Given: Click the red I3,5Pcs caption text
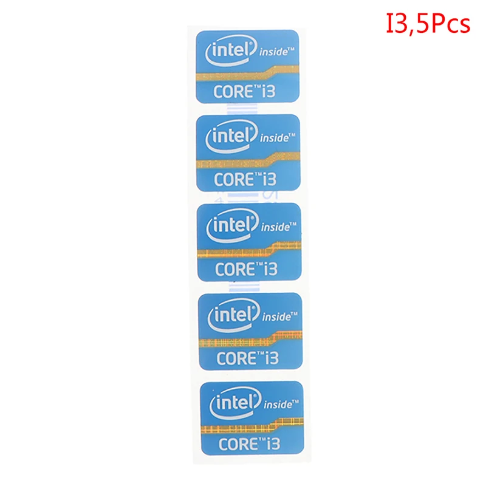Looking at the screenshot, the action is [x=428, y=25].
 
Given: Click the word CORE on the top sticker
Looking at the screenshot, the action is [x=233, y=91].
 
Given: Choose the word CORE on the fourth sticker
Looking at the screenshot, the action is [x=237, y=357].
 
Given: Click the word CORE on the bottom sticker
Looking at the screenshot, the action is [x=238, y=443].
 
